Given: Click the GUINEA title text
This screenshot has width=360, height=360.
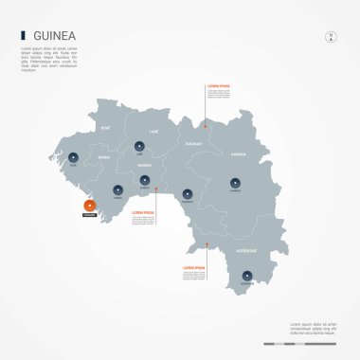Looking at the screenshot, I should tap(55, 36).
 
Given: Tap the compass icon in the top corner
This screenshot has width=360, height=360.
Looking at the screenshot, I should tap(332, 37).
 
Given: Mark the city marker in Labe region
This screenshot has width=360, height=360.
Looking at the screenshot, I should tap(140, 146).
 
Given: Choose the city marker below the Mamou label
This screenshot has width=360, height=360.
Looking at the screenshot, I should tap(144, 179).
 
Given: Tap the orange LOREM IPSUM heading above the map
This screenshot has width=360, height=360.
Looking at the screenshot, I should tap(220, 89).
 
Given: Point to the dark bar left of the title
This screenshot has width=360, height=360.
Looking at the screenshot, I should tap(22, 36).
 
